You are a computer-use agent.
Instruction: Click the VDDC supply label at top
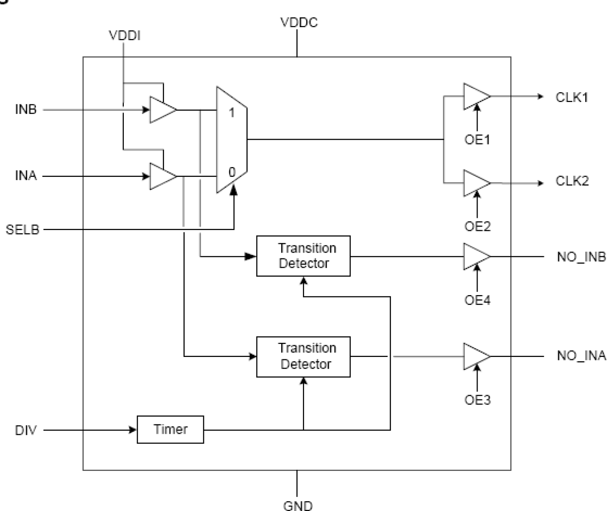(299, 23)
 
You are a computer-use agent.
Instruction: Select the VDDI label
(125, 36)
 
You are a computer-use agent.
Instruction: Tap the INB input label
(26, 110)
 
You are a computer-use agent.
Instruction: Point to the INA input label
(26, 176)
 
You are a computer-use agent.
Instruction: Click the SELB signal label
(22, 229)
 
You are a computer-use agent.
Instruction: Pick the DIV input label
(26, 429)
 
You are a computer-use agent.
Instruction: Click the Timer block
(170, 429)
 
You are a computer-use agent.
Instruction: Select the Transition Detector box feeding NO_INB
(303, 256)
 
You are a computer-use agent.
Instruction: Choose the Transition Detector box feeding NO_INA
(303, 356)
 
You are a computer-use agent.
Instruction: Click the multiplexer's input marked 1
(231, 113)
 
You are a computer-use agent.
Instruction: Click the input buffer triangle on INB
(162, 110)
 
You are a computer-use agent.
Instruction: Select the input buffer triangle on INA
(162, 176)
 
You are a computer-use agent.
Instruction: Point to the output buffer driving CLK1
(476, 97)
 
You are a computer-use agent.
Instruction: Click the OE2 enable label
(477, 226)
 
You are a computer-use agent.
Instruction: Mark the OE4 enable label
(477, 300)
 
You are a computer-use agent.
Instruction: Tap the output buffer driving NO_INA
(476, 356)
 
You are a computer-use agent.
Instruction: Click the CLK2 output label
(572, 182)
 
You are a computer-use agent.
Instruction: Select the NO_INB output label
(581, 256)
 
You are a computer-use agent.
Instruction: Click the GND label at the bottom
(298, 505)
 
